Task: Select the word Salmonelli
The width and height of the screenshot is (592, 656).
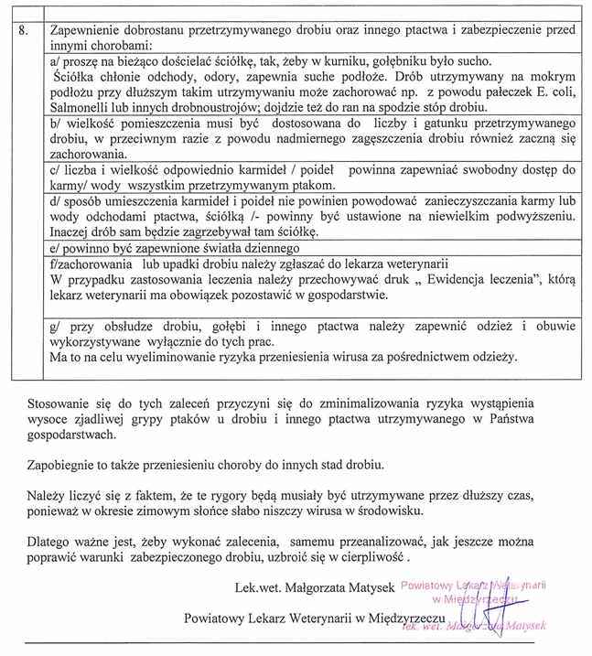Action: (x=78, y=106)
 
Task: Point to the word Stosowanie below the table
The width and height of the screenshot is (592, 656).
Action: (x=59, y=403)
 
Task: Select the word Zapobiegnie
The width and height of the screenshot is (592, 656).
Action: (x=63, y=464)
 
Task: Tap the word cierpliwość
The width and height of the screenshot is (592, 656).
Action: (x=371, y=555)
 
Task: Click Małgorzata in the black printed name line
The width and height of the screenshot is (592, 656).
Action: (x=313, y=586)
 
